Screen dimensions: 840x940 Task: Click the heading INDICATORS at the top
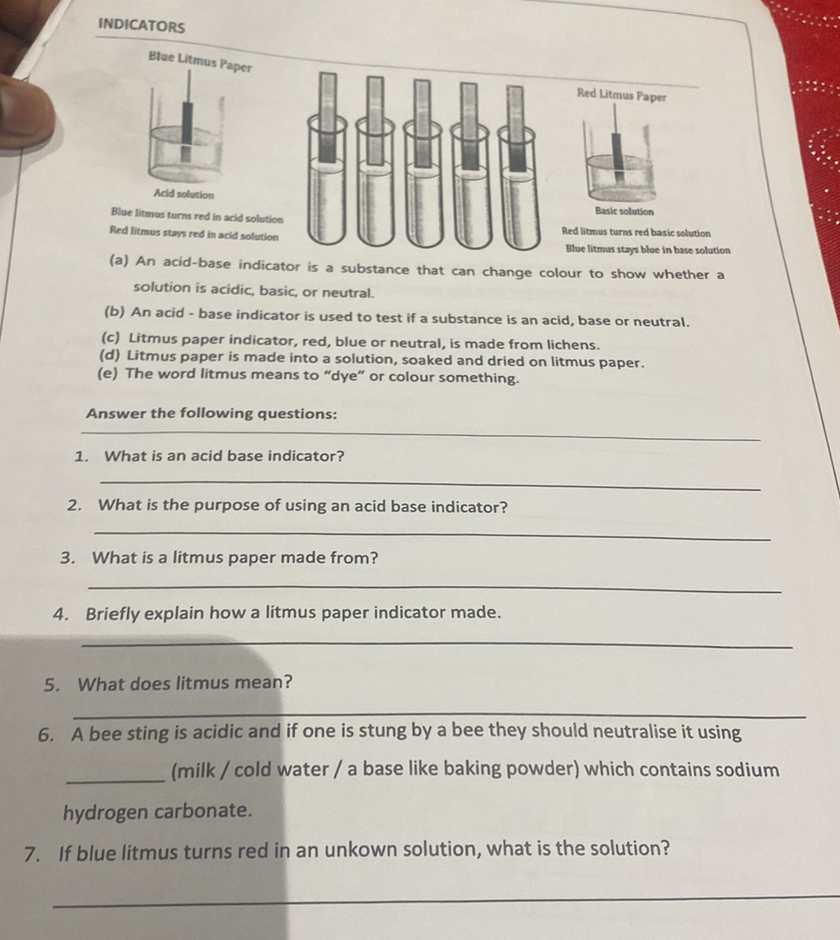pos(142,26)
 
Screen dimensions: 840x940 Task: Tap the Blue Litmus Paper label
pos(200,61)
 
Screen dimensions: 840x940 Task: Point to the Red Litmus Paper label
pos(622,95)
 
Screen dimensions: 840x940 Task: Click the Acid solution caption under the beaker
pos(183,194)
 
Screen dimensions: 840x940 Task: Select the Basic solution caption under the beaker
pos(624,211)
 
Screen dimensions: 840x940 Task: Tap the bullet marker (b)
pos(113,311)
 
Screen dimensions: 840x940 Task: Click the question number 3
pos(67,558)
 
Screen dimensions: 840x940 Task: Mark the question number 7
pos(32,853)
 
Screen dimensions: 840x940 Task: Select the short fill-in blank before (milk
pos(116,780)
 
